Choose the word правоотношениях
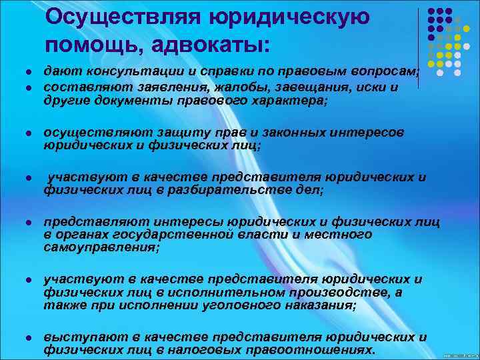[301, 349]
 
